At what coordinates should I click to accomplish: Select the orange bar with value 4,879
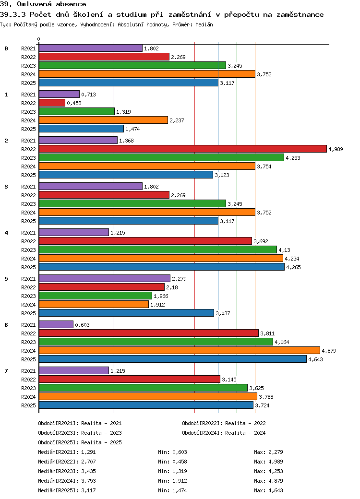coord(179,350)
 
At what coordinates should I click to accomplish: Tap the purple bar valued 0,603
coord(56,324)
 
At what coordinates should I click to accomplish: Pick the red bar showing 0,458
coord(52,103)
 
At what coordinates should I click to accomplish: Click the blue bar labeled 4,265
coord(161,267)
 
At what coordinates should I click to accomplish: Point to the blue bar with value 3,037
coord(126,313)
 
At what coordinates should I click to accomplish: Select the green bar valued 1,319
coord(77,111)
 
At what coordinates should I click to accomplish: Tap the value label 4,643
coord(316,359)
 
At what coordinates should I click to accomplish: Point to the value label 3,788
coord(266,397)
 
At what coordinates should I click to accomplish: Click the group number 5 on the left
coord(6,279)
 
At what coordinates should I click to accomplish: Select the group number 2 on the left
coord(6,141)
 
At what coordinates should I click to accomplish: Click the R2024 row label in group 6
coord(28,351)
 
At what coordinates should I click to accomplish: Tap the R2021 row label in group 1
coord(28,95)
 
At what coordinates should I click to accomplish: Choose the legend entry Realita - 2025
coord(101,442)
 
